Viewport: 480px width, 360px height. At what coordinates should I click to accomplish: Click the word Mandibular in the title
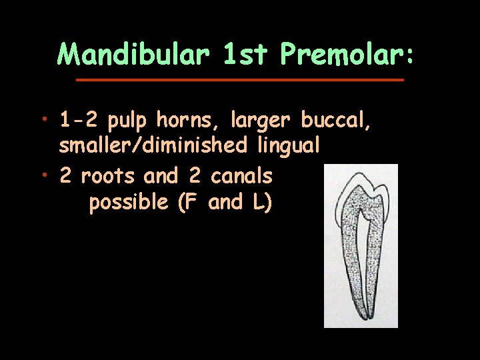133,55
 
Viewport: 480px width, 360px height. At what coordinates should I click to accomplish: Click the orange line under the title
240,80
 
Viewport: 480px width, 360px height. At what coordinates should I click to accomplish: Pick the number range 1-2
79,121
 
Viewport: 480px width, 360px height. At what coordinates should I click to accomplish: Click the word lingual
289,145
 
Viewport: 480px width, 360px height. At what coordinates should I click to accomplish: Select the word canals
241,177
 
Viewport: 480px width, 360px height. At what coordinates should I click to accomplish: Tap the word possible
129,203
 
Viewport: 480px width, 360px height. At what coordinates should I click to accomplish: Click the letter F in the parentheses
189,202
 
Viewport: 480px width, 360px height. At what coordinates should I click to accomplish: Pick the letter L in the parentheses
257,202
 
